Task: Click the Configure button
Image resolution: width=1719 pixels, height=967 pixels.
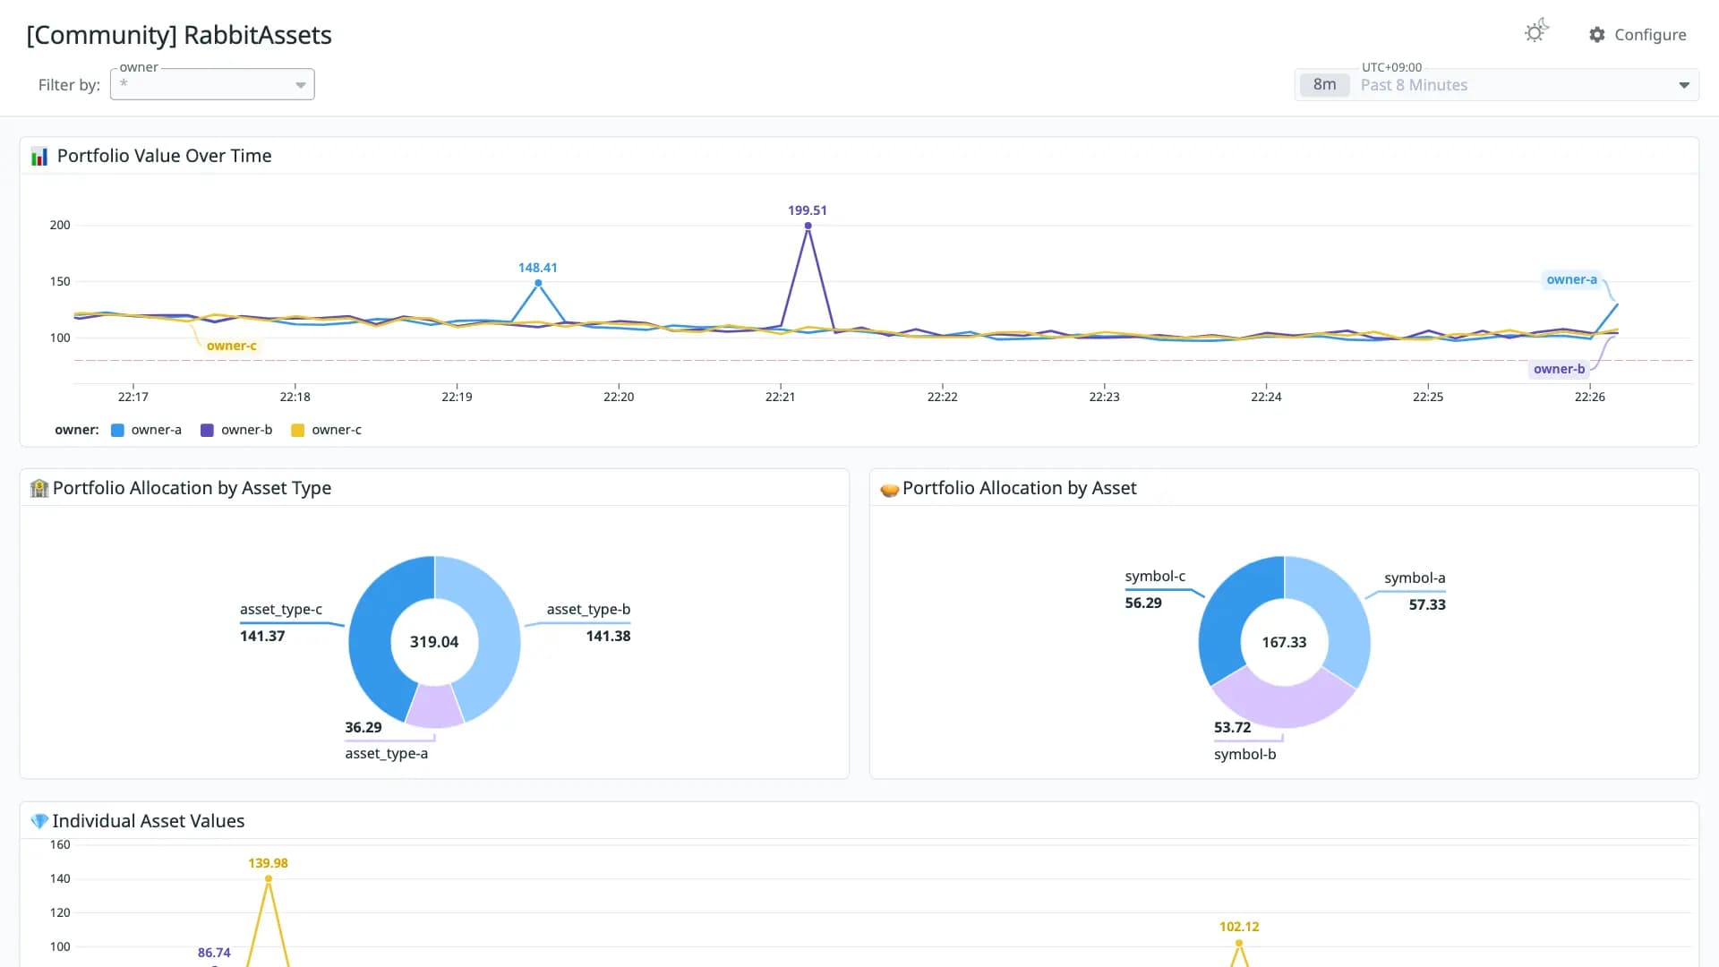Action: pyautogui.click(x=1638, y=35)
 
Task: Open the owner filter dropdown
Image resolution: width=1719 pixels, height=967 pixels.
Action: pyautogui.click(x=212, y=84)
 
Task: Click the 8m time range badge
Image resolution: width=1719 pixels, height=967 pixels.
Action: pyautogui.click(x=1324, y=85)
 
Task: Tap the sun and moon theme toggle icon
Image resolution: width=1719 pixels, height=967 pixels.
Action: pyautogui.click(x=1536, y=31)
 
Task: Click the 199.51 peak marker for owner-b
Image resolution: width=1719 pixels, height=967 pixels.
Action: pyautogui.click(x=808, y=226)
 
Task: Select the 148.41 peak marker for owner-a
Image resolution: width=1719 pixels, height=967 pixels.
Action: pyautogui.click(x=538, y=283)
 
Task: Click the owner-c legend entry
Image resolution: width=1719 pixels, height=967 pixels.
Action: pyautogui.click(x=327, y=430)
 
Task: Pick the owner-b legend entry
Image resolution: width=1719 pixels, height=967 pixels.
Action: pyautogui.click(x=236, y=430)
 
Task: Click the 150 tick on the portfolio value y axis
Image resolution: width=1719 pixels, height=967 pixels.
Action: pyautogui.click(x=60, y=281)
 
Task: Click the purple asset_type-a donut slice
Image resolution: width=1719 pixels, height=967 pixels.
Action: pyautogui.click(x=435, y=706)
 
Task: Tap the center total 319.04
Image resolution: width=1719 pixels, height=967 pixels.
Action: pyautogui.click(x=434, y=642)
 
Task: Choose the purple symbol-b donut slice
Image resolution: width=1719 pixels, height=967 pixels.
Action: pyautogui.click(x=1284, y=702)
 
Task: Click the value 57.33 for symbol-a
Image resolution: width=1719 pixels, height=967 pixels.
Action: pyautogui.click(x=1427, y=604)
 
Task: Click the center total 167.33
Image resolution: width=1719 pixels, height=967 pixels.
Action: pyautogui.click(x=1284, y=642)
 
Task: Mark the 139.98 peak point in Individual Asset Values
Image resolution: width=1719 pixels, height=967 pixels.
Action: pyautogui.click(x=269, y=879)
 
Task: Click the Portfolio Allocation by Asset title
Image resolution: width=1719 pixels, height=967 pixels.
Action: pyautogui.click(x=1019, y=488)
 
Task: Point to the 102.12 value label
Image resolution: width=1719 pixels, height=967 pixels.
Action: pyautogui.click(x=1239, y=927)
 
